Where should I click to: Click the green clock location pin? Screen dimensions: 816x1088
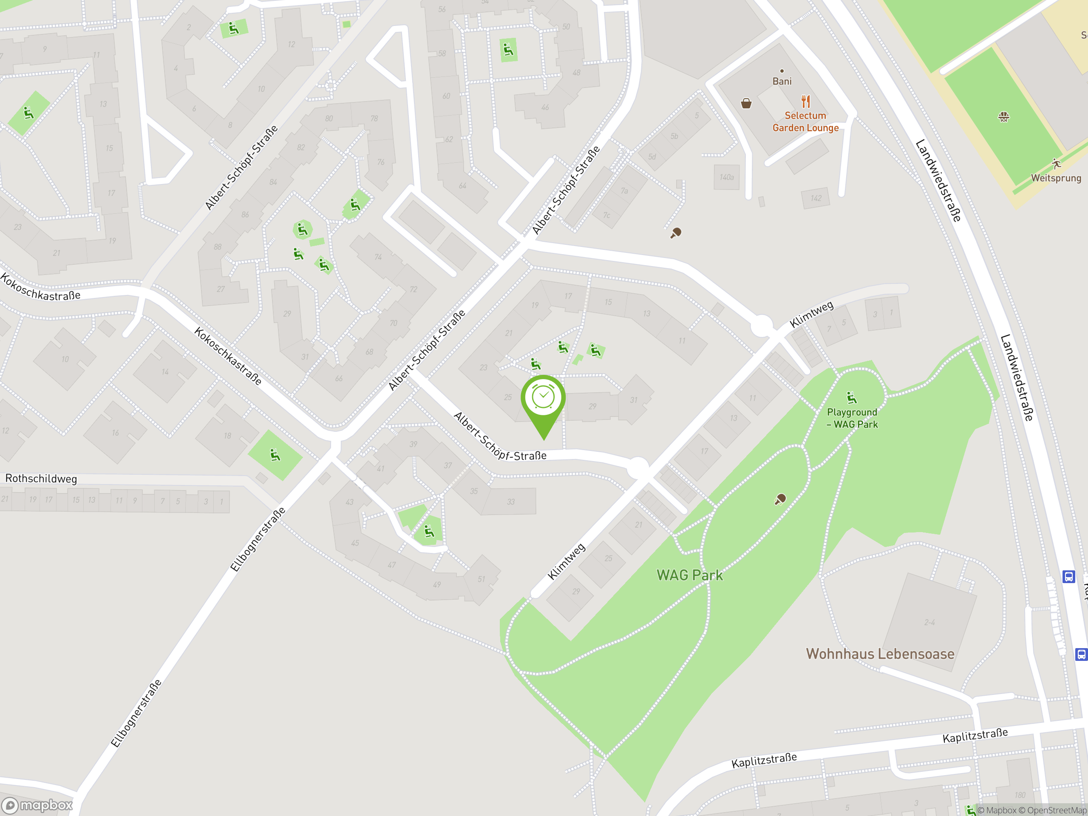(x=543, y=398)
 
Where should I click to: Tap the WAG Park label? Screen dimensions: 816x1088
(x=690, y=575)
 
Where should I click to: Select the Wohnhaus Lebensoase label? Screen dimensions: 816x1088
(x=880, y=654)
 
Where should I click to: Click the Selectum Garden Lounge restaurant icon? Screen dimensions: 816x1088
(x=805, y=102)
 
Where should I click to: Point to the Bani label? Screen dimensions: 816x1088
(x=782, y=81)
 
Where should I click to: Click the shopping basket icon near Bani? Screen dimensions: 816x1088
(x=746, y=103)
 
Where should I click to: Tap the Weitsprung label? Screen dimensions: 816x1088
(x=1056, y=178)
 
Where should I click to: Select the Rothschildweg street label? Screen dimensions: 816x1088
(x=41, y=479)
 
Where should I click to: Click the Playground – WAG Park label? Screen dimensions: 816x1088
(x=852, y=418)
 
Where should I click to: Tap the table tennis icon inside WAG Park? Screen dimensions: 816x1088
(x=780, y=499)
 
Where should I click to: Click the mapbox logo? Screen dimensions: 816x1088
(x=38, y=805)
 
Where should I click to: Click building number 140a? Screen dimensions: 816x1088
(x=726, y=177)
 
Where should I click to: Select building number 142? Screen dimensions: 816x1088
(x=816, y=198)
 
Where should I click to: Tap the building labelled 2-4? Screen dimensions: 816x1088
(x=929, y=622)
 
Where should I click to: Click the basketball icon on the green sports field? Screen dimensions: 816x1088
(x=1003, y=116)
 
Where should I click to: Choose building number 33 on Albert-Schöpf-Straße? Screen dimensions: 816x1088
(x=510, y=501)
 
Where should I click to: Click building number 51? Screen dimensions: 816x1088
(x=481, y=579)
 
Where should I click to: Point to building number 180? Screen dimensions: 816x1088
(x=1020, y=795)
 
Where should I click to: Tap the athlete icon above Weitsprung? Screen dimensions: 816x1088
(x=1056, y=164)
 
